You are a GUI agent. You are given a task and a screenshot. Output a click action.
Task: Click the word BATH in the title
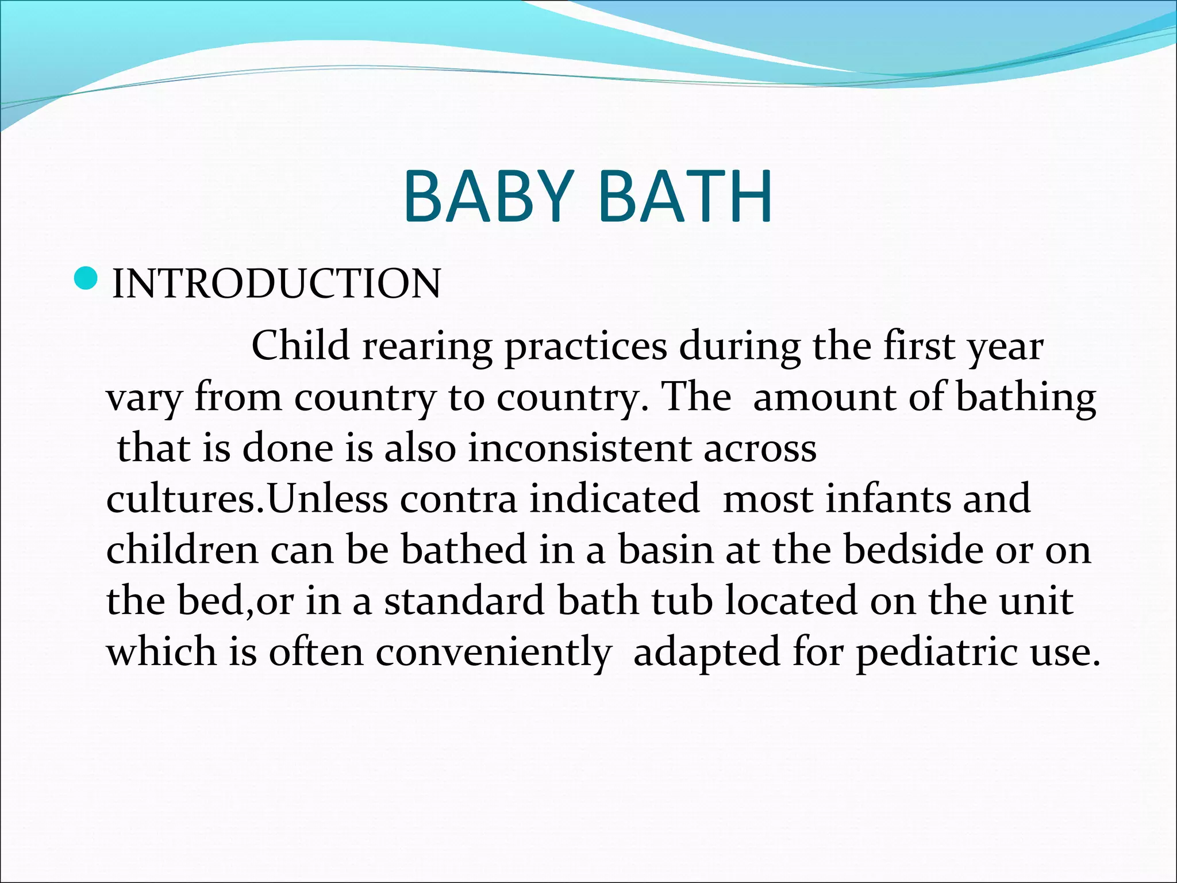click(x=685, y=197)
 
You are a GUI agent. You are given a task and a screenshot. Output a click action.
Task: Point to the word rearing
click(x=427, y=347)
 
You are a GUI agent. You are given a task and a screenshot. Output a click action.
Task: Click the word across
click(x=760, y=450)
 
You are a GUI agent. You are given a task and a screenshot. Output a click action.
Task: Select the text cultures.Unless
click(x=247, y=499)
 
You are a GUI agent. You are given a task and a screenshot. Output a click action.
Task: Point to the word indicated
click(x=614, y=499)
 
